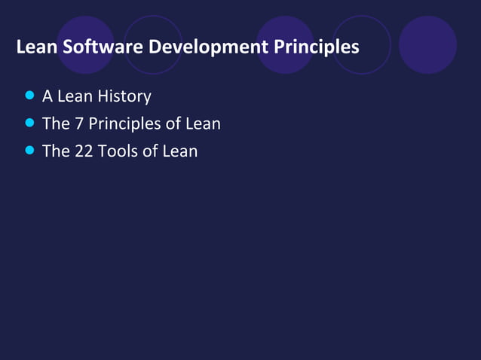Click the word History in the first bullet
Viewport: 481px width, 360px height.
pos(124,96)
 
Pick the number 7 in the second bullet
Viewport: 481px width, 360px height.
pos(78,124)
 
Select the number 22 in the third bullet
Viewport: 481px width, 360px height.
pos(83,151)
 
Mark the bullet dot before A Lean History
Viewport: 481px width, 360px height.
pos(29,96)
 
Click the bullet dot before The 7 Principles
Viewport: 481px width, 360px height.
pos(29,123)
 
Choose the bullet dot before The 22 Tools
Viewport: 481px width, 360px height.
pos(29,150)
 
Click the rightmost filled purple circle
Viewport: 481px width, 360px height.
pos(427,45)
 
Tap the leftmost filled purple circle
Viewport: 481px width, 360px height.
pos(85,45)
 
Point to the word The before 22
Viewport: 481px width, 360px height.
pos(56,151)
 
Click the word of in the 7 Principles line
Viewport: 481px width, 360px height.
pos(173,124)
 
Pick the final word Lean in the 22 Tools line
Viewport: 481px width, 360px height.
pos(180,151)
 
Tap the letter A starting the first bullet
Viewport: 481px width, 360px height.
pos(47,96)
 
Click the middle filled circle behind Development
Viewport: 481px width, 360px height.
pos(285,45)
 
